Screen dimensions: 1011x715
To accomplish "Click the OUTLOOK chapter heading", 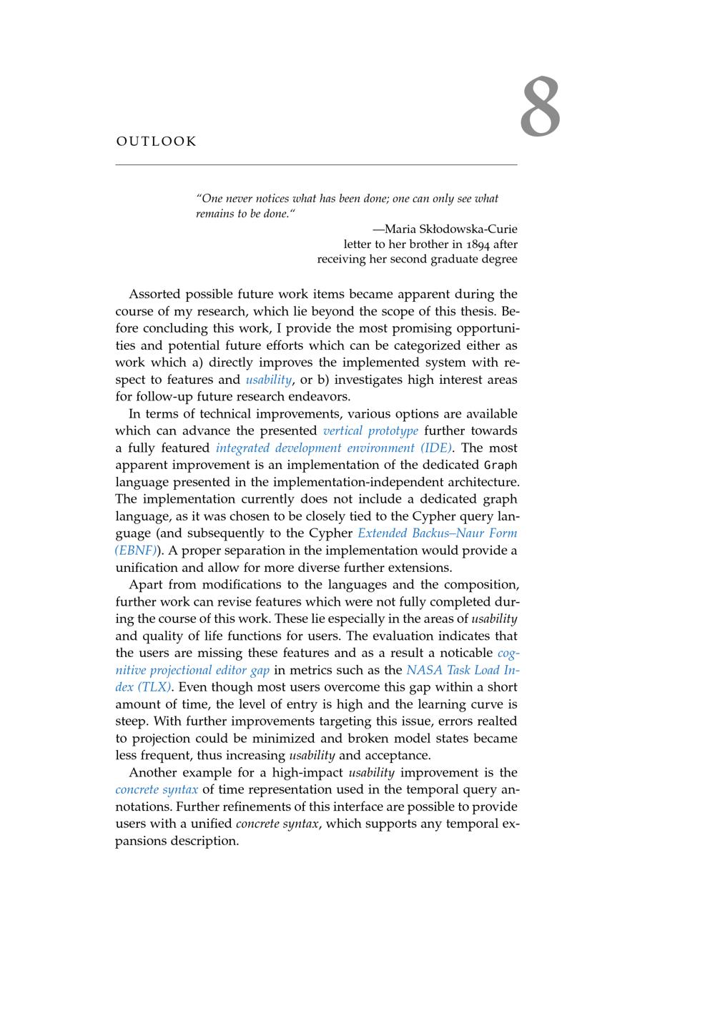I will click(x=156, y=142).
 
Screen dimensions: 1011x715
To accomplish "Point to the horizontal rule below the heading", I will click(x=316, y=165).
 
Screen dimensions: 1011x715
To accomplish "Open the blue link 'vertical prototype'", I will click(x=370, y=430).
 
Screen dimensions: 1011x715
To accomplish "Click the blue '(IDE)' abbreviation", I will click(x=437, y=448).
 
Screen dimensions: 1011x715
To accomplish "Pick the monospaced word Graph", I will click(x=500, y=465).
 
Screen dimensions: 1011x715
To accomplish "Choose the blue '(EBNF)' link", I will click(x=136, y=551).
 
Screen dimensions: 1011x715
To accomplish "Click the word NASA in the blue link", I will click(x=424, y=670).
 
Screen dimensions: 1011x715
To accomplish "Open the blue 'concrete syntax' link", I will click(x=157, y=789).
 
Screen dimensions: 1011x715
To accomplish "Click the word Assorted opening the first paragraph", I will click(x=154, y=294).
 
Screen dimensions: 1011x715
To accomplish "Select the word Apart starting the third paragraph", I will click(x=145, y=584).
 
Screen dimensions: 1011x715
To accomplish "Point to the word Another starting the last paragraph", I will click(x=152, y=772).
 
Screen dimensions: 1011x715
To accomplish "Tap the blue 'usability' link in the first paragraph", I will click(x=268, y=380).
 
